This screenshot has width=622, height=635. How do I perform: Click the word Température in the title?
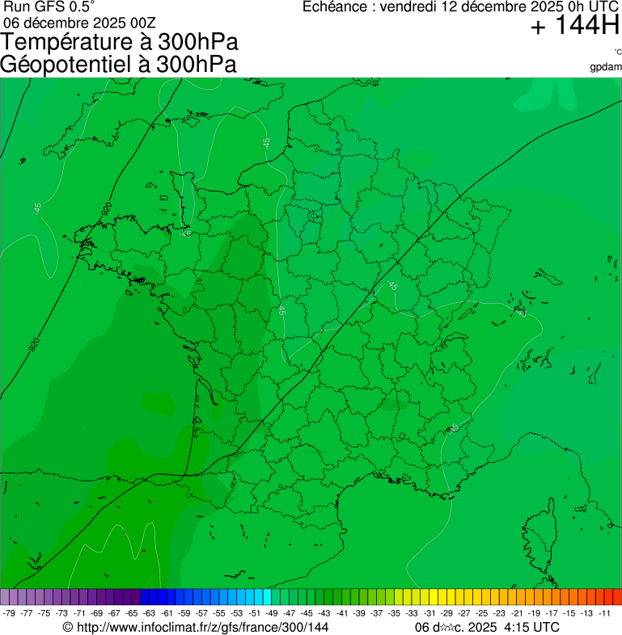click(69, 43)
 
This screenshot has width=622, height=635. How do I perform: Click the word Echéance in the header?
click(337, 7)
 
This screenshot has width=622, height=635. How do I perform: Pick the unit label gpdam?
click(606, 66)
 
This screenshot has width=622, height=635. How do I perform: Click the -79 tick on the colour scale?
click(10, 613)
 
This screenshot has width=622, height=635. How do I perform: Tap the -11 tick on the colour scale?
click(604, 613)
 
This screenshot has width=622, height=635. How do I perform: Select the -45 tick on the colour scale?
click(307, 613)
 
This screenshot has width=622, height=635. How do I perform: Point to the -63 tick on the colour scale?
click(150, 613)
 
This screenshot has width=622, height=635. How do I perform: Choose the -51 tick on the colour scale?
click(255, 613)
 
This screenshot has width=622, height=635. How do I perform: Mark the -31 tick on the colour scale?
click(429, 613)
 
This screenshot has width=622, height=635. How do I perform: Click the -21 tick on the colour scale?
click(517, 613)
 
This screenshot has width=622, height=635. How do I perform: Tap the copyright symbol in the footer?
click(68, 627)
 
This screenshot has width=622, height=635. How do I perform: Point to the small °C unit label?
click(617, 53)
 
